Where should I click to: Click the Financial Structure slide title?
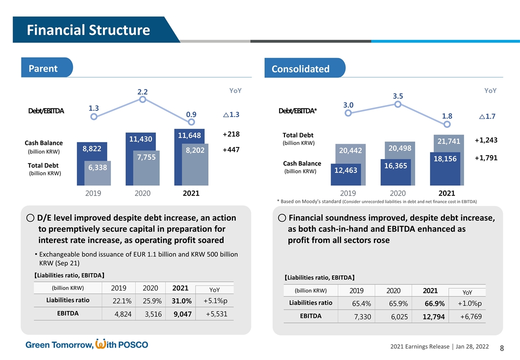point(88,30)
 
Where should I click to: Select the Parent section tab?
point(43,68)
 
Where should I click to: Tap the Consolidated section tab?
point(300,69)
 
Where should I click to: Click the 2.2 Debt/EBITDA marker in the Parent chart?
point(142,99)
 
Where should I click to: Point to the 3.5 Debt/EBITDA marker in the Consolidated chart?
point(397,104)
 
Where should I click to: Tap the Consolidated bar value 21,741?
point(448,141)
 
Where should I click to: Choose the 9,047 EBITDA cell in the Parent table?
point(183,314)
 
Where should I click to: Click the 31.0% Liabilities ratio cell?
point(183,300)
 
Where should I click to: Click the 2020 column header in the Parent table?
point(150,287)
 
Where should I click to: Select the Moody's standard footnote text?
point(376,201)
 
